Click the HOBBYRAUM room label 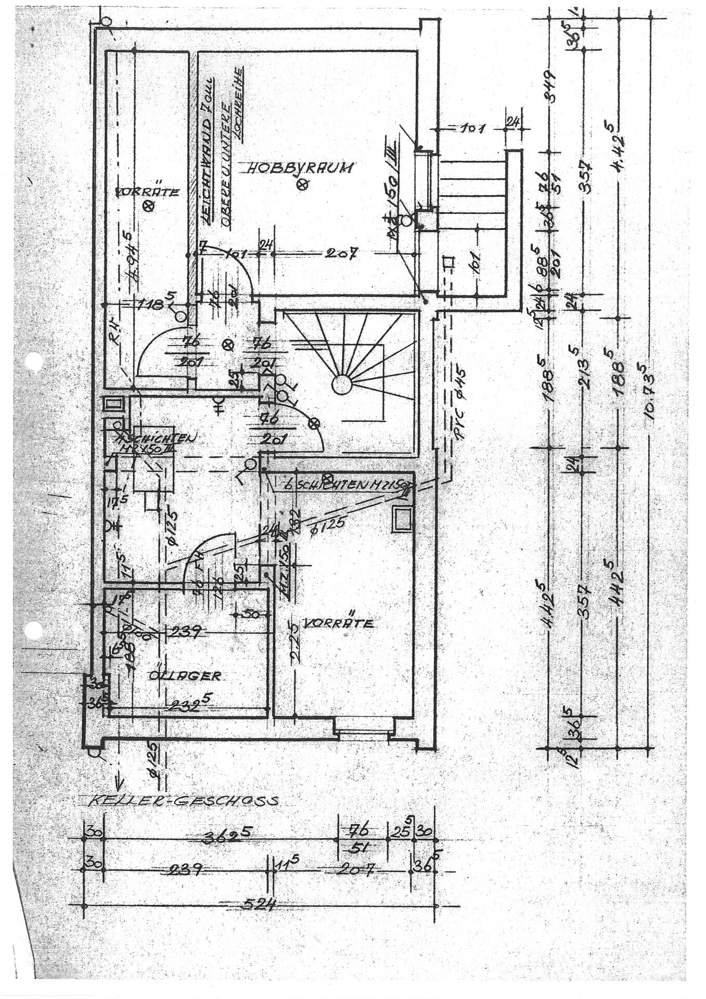point(300,168)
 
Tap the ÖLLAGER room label point(185,676)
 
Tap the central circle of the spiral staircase point(342,386)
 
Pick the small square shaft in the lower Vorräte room point(402,519)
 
